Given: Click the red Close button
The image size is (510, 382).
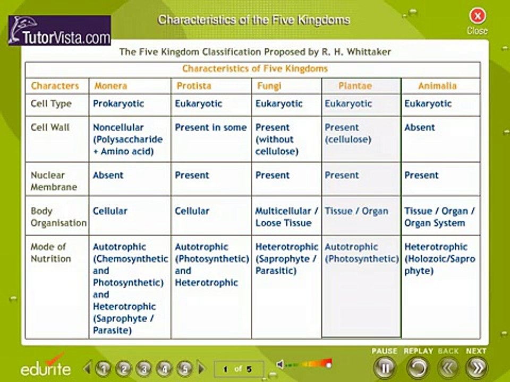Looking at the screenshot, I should pos(477,16).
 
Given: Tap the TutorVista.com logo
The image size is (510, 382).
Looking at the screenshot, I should pos(59,31).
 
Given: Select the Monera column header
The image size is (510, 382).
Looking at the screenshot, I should pos(110,86).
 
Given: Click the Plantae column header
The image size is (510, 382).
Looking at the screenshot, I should pos(355,86).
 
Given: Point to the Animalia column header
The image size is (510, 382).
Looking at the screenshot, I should pos(437,86).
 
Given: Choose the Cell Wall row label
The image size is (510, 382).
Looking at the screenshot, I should pos(50,127).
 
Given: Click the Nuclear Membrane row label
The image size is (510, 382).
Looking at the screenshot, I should pos(53,181).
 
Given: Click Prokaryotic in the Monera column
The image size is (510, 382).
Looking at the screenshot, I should pos(118,103).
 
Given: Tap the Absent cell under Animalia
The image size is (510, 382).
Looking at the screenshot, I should pos(419,127).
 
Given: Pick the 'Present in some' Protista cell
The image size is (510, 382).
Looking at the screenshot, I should pos(210,127).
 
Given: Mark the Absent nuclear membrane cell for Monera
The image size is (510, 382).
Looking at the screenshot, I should pos(108,175).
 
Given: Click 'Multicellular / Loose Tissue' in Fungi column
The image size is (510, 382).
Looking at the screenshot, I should pos(286,216).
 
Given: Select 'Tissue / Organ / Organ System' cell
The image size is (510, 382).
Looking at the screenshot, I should pos(439,216).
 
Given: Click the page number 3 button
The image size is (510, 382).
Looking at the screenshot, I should pos(143,368).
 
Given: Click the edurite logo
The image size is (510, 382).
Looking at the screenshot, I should pos(46,366).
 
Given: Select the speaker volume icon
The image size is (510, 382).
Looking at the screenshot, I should pos(280,364).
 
